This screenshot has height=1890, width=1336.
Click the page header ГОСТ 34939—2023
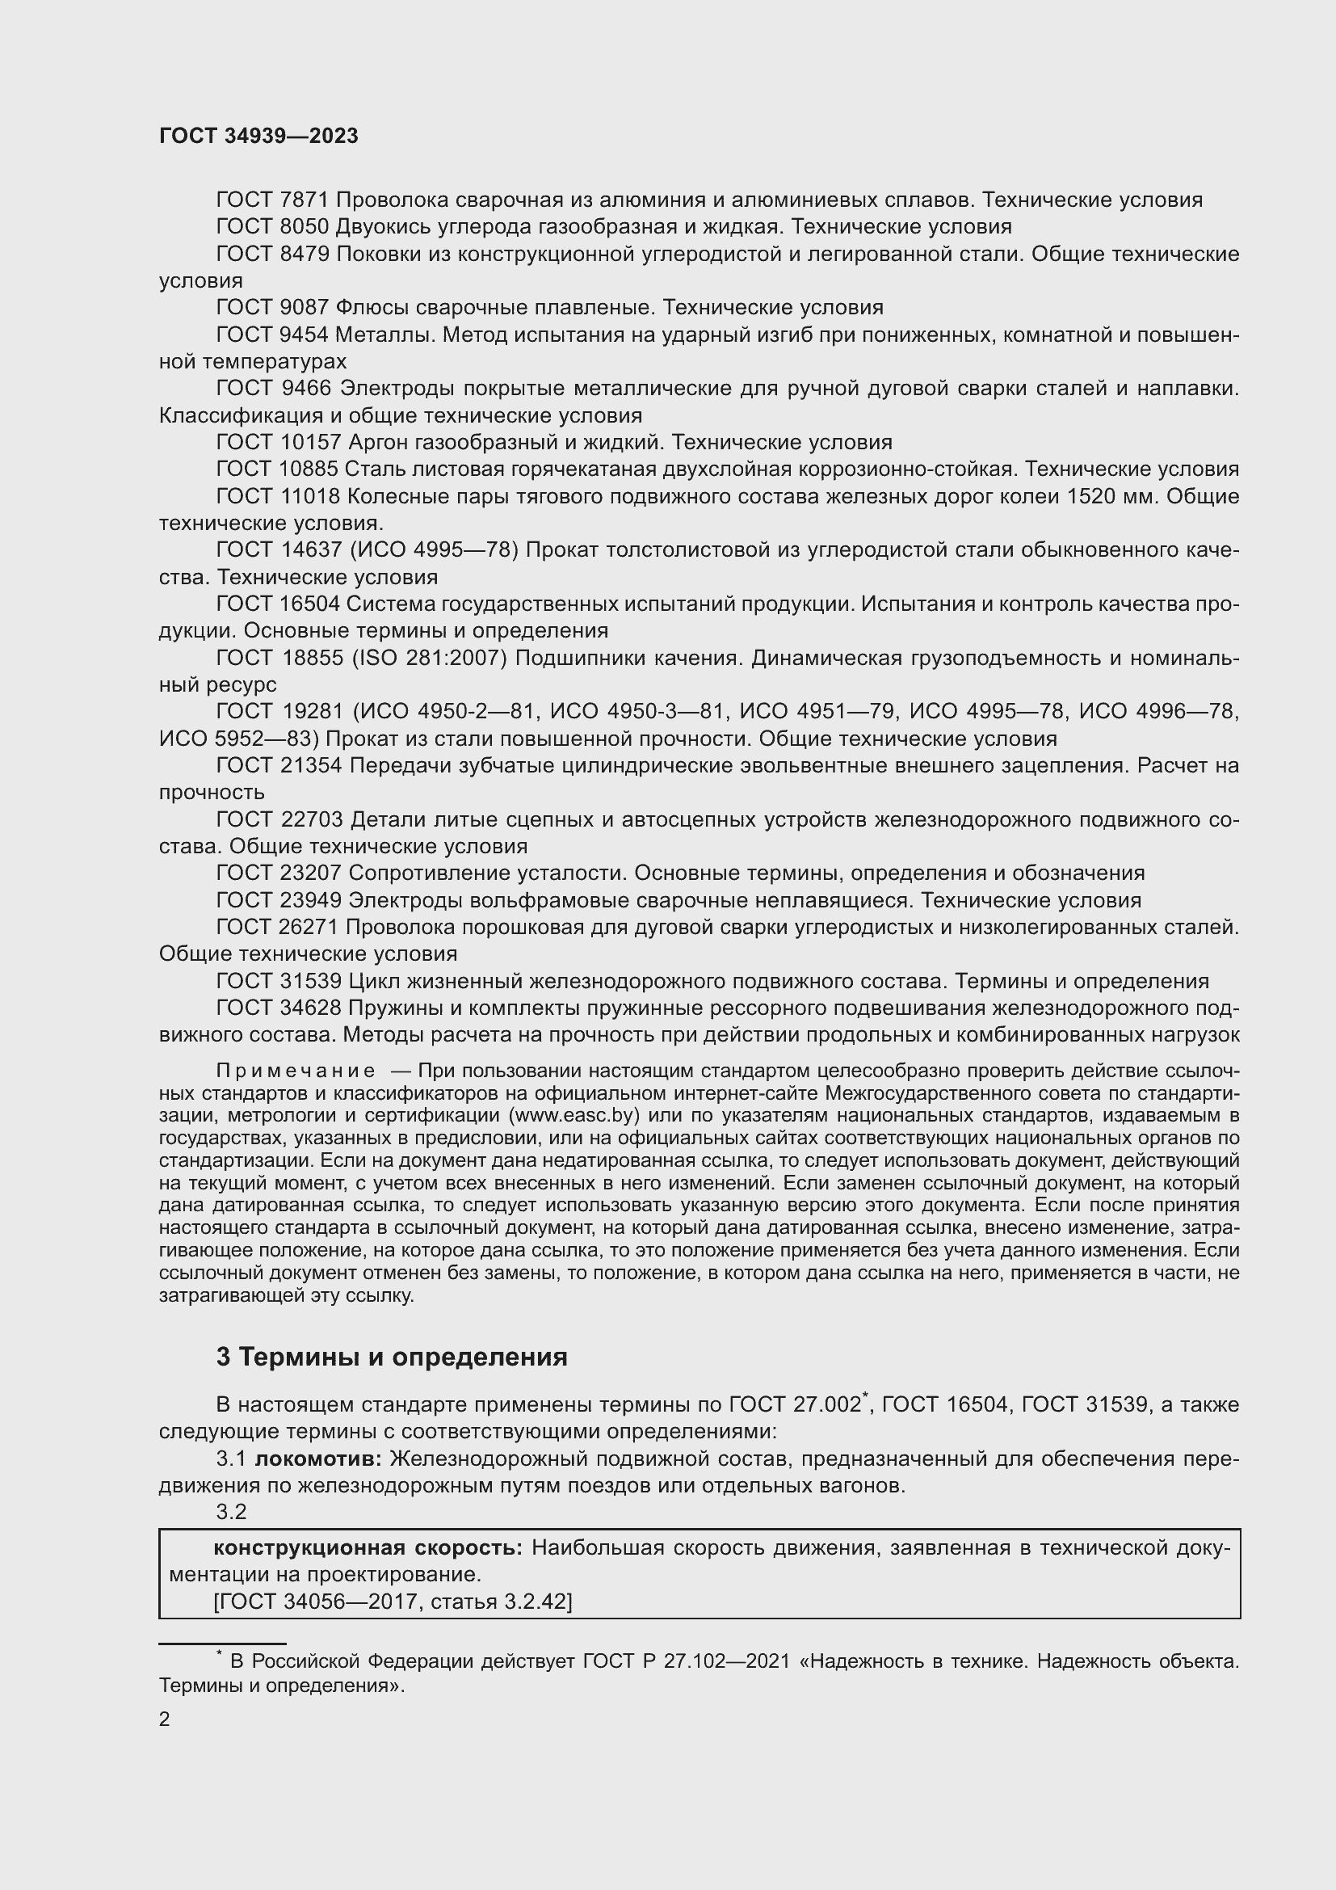click(258, 136)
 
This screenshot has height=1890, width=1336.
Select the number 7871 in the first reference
click(305, 200)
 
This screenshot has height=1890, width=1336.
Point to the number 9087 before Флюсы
click(305, 308)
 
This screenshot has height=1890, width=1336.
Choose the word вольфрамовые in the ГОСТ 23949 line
click(518, 900)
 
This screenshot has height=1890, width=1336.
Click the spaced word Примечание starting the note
click(296, 1071)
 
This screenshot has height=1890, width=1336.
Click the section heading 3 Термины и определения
click(392, 1357)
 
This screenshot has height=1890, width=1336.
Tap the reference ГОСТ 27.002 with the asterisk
click(794, 1405)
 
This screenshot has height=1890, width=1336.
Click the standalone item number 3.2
click(231, 1512)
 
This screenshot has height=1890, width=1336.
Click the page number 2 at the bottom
click(165, 1720)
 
